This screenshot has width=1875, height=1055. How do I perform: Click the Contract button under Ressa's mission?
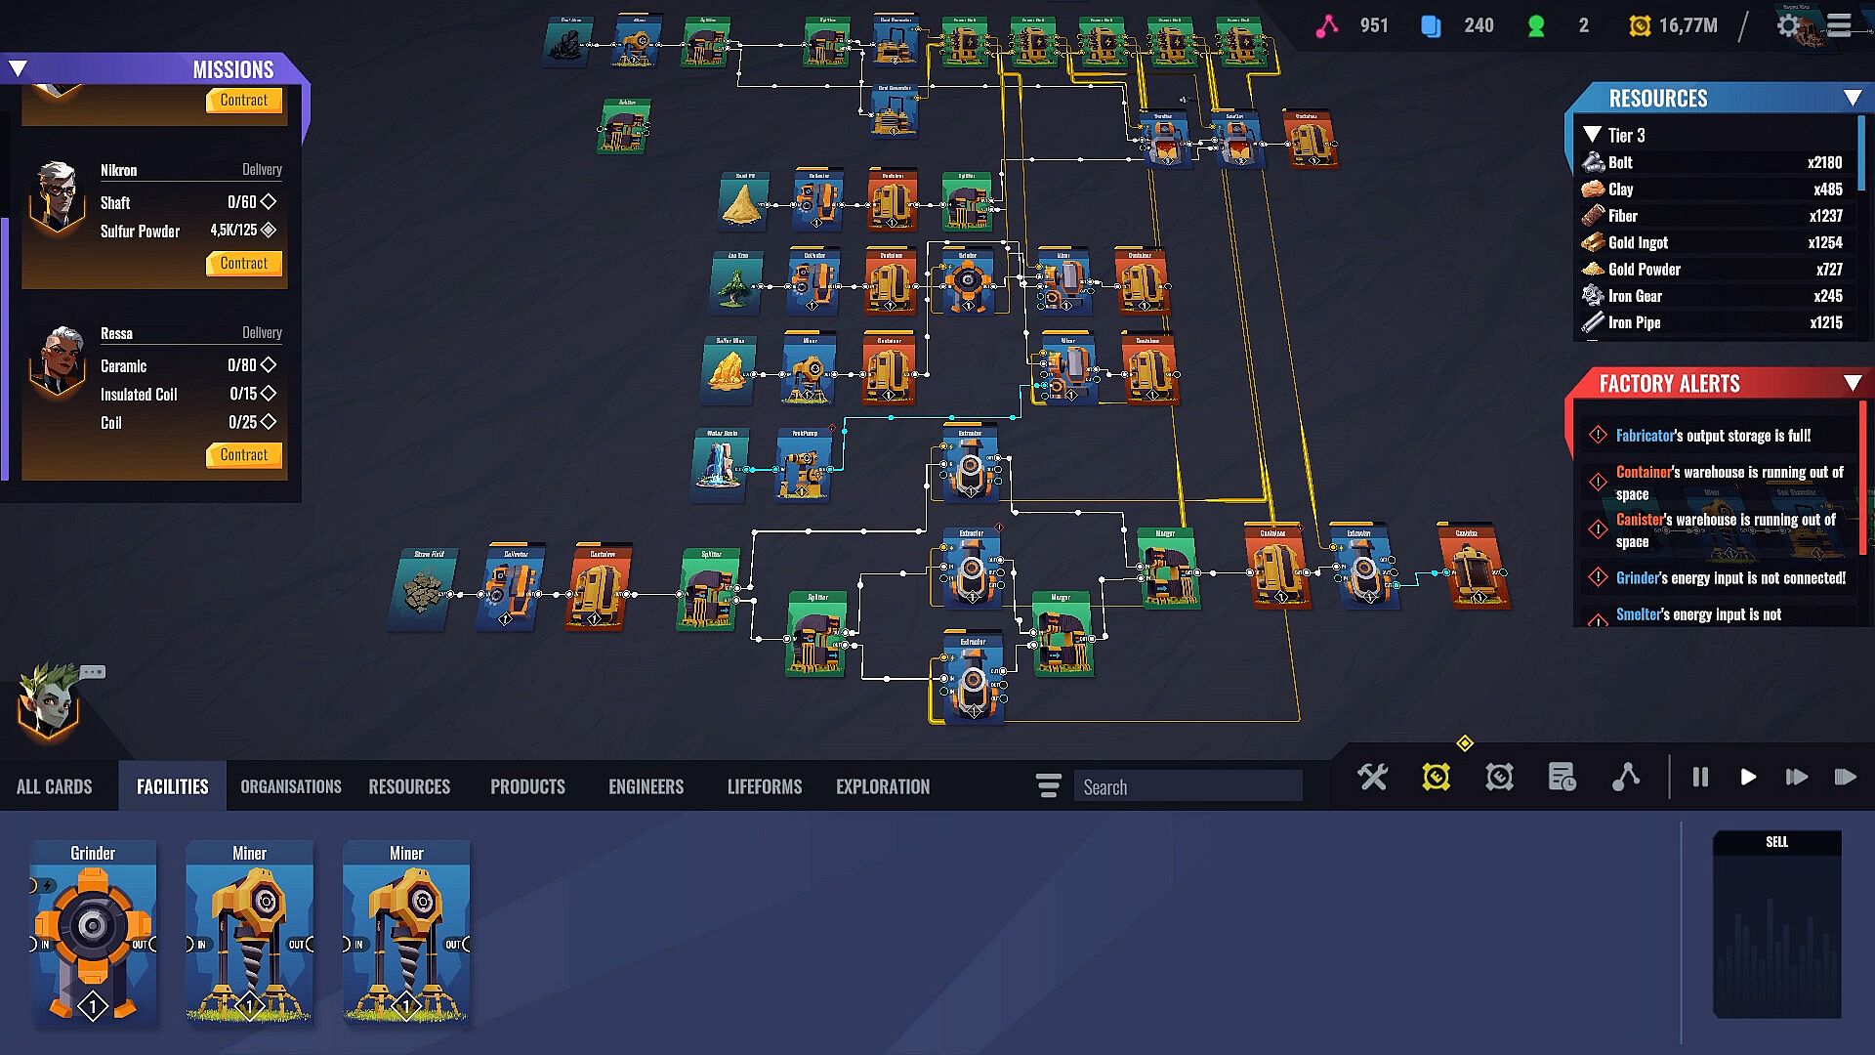(244, 455)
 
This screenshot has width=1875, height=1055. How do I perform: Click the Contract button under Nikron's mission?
(244, 264)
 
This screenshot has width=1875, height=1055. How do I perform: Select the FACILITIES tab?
(172, 786)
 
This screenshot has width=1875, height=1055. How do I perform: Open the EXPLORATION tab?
(882, 786)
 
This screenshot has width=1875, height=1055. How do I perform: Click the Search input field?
(1187, 786)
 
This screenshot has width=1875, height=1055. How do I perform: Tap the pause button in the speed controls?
(1700, 778)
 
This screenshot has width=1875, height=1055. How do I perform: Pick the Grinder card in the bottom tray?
(93, 933)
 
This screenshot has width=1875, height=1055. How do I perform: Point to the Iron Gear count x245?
(1827, 296)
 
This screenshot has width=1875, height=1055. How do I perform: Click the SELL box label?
(1776, 842)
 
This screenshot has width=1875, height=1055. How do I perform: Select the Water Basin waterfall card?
(721, 463)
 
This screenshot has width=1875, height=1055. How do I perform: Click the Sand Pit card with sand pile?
(743, 201)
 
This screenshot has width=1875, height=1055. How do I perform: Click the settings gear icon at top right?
(1788, 26)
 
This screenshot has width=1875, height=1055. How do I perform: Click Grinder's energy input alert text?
(1729, 578)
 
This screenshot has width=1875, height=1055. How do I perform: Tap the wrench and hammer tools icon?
(1372, 778)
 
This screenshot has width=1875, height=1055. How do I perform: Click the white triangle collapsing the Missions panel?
(19, 68)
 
